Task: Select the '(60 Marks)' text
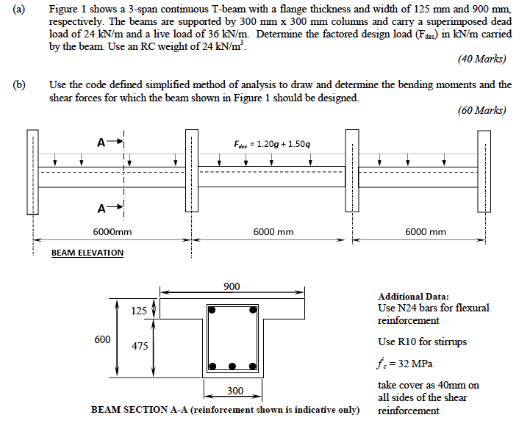(481, 111)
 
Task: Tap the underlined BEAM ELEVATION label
(87, 253)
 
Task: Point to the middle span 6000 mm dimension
(273, 232)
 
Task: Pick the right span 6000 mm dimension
(426, 232)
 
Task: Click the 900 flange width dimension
(232, 286)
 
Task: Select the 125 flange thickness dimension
(139, 311)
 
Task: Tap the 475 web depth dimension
(139, 345)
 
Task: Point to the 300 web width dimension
(235, 390)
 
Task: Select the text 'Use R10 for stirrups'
(422, 342)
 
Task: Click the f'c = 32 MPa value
(405, 364)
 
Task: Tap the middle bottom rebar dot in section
(234, 366)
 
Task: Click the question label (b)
(18, 84)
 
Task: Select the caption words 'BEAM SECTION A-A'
(139, 410)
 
